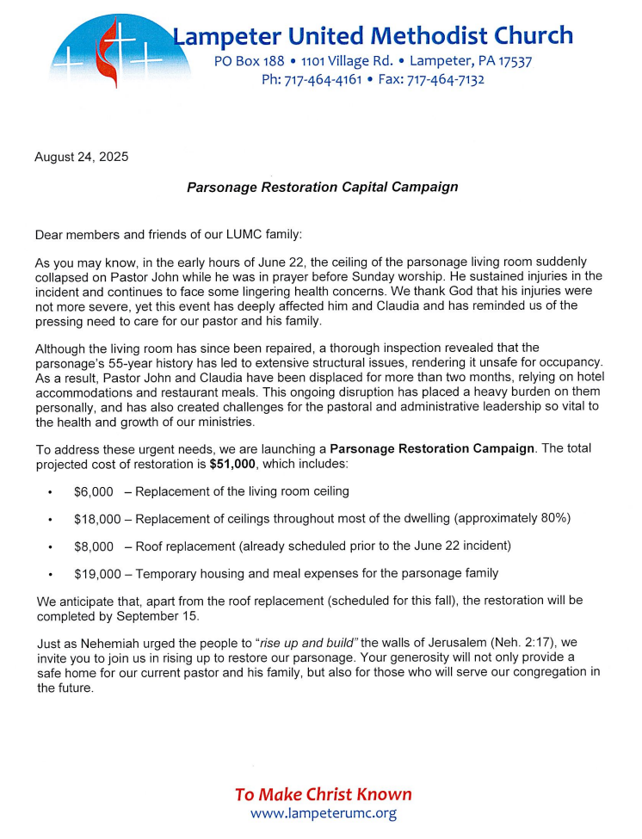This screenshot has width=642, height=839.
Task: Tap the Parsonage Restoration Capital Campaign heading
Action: (322, 187)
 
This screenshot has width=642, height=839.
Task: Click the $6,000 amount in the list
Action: (93, 491)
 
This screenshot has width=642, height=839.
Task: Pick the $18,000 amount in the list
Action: (97, 519)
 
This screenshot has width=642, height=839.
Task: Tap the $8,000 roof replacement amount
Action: (93, 546)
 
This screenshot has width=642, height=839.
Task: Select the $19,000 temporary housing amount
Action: (97, 573)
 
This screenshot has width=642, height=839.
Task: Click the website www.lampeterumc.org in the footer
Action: (324, 813)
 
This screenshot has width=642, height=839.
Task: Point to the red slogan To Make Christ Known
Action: (324, 793)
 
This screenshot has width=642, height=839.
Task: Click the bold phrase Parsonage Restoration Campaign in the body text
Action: (433, 449)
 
